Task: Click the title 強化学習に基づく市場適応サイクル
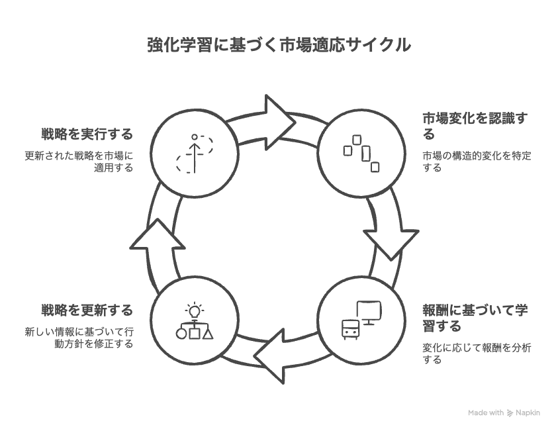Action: [278, 46]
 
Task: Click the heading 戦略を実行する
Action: [87, 134]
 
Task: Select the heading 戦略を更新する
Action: [87, 310]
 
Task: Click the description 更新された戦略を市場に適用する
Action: [79, 162]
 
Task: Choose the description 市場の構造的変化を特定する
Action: [477, 162]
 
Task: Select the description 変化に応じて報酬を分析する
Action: [477, 354]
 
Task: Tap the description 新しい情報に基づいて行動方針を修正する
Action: [79, 338]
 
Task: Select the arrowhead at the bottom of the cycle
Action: [271, 363]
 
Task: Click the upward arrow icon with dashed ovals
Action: [195, 153]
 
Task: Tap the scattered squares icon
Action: [361, 153]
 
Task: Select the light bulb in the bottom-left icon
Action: [195, 309]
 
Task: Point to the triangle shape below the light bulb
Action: [208, 333]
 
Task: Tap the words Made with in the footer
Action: [486, 412]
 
